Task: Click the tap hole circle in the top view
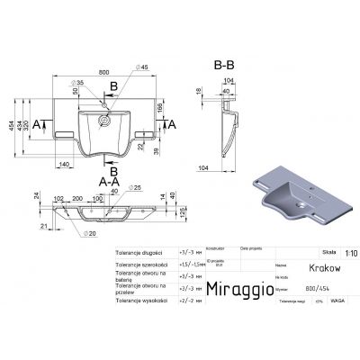pos(104,116)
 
